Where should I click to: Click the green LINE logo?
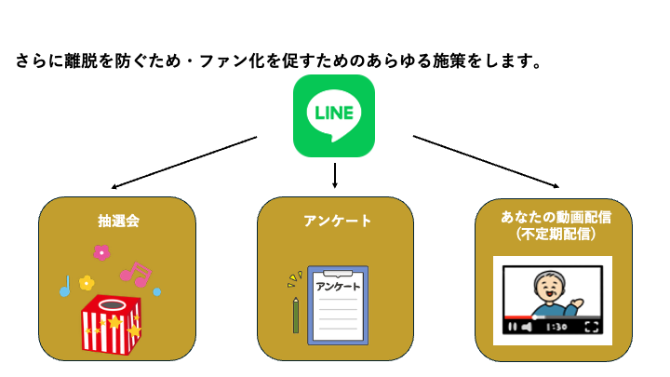click(334, 116)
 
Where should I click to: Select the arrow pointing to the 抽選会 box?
click(183, 162)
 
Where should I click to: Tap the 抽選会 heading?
click(118, 222)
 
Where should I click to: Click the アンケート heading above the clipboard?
click(337, 222)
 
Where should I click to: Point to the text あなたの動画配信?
click(556, 217)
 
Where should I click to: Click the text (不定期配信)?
click(556, 235)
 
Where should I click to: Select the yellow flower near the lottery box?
click(87, 282)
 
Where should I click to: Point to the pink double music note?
click(136, 274)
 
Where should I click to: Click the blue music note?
click(65, 286)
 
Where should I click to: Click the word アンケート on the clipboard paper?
click(337, 286)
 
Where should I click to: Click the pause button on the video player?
click(511, 327)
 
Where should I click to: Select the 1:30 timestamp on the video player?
click(556, 327)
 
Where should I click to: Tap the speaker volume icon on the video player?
click(527, 327)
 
